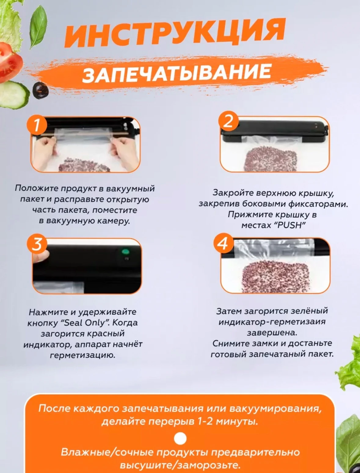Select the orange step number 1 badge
[37, 125]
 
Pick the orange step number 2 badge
[228, 121]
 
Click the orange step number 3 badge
[37, 244]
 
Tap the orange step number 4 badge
[224, 244]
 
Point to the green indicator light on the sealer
[125, 251]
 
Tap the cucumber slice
[13, 95]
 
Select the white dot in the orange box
[180, 438]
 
